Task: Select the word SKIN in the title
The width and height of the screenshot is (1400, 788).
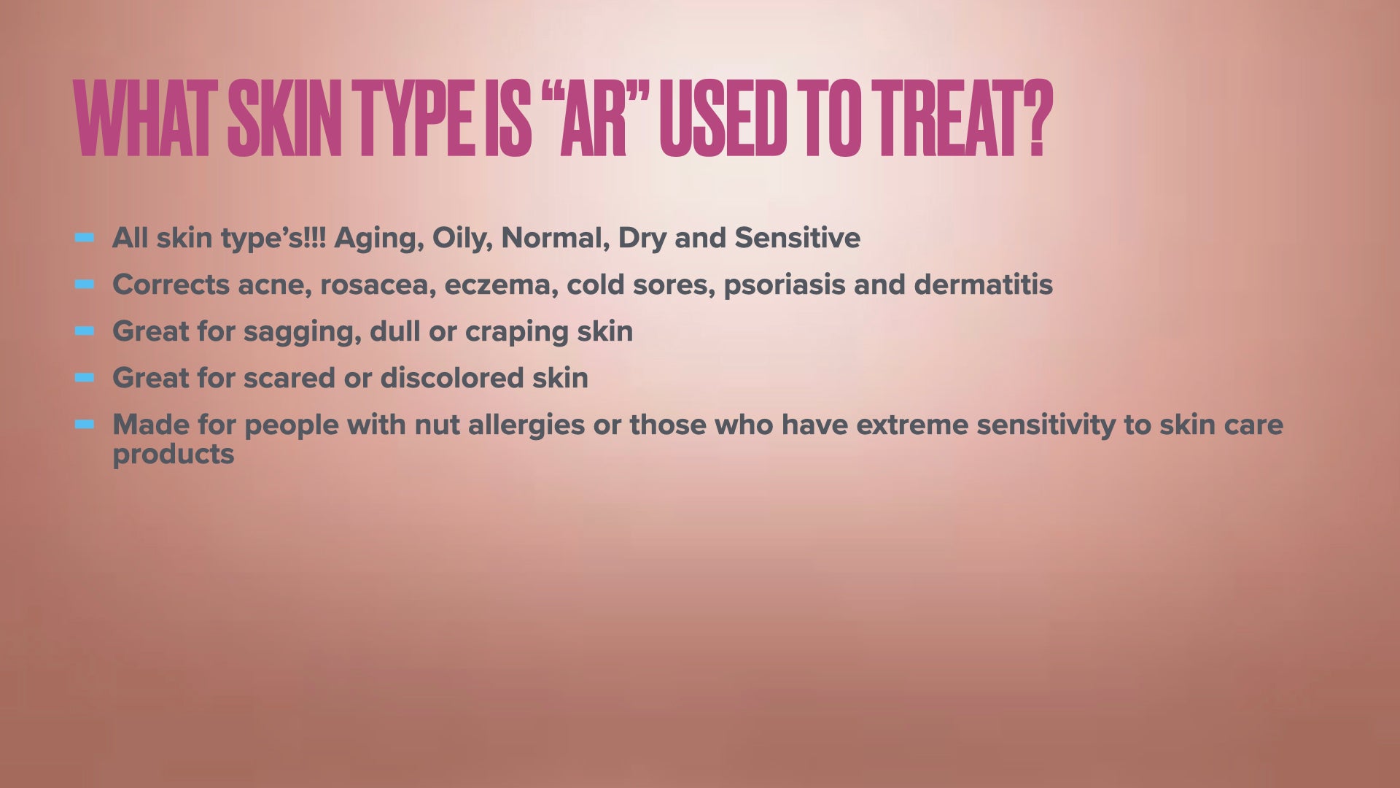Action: (284, 118)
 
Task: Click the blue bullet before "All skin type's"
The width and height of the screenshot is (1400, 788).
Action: (85, 237)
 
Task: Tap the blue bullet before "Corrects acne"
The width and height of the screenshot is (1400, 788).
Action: (85, 284)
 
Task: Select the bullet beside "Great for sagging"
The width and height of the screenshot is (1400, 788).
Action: (85, 331)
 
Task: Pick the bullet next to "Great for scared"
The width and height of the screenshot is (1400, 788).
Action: (85, 377)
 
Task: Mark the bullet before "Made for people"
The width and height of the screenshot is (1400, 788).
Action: (85, 424)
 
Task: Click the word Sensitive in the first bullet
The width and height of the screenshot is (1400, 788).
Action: (797, 238)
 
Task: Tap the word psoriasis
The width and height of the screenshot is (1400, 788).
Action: (784, 285)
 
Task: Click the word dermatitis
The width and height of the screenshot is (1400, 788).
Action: (984, 284)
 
